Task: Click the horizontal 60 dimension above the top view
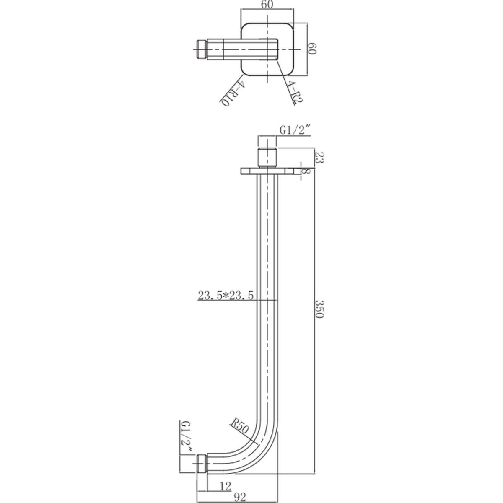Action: pos(267,5)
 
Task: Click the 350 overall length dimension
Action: pos(319,309)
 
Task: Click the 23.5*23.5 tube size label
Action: pos(226,296)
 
